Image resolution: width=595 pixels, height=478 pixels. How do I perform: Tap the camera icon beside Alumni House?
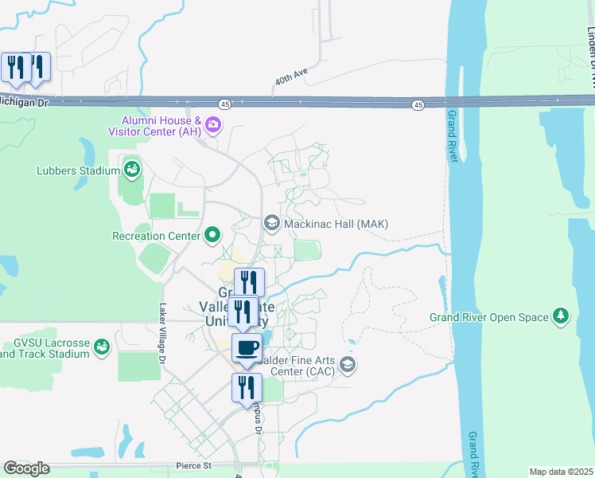212,124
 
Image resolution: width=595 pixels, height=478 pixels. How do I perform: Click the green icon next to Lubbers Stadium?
131,169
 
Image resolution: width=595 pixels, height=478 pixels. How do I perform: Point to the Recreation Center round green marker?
212,235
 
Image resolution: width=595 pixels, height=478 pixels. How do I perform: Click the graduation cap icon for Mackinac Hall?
271,224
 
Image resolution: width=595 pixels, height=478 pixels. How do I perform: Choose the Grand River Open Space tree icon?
561,316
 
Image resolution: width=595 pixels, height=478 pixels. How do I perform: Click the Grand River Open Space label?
488,317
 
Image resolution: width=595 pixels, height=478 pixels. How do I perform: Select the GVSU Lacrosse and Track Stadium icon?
102,347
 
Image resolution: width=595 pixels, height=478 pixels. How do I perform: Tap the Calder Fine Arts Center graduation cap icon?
347,365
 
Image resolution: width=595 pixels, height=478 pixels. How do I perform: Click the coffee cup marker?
247,348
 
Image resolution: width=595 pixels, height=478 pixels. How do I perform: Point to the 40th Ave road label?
290,79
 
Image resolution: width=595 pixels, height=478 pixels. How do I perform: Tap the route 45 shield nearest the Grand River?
418,105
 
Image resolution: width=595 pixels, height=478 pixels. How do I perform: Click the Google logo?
26,468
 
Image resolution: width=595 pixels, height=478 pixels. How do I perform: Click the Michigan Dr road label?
24,102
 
